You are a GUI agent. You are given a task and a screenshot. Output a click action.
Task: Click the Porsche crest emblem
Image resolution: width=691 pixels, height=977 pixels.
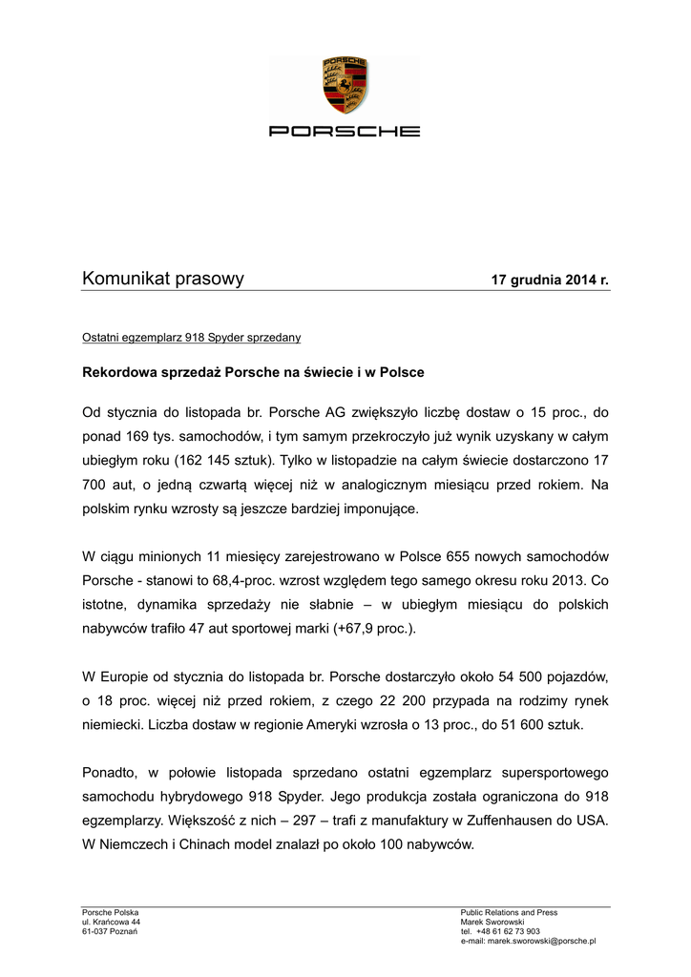point(345,86)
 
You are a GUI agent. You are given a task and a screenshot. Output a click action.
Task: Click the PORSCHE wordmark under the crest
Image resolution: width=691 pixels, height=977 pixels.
point(345,131)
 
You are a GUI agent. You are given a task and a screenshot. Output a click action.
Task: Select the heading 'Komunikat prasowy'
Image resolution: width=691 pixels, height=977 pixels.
point(163,279)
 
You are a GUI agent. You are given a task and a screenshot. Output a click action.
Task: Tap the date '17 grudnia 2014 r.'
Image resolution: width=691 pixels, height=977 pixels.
point(549,281)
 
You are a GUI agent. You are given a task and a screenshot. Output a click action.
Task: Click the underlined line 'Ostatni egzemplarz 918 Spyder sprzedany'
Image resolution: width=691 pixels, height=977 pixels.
point(192,337)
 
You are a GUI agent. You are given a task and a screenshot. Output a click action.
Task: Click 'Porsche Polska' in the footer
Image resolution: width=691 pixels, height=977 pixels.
point(111,912)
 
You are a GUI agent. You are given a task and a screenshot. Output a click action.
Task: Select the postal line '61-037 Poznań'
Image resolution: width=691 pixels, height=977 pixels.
point(110,931)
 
